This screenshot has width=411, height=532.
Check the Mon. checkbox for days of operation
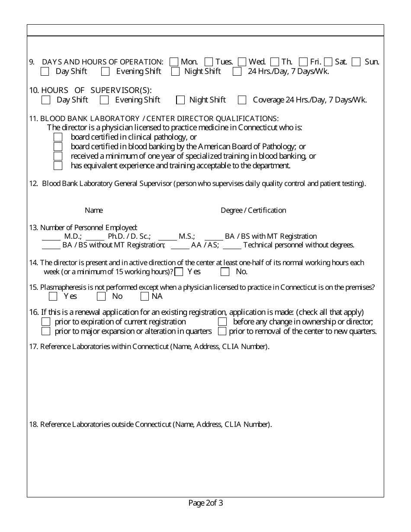click(174, 62)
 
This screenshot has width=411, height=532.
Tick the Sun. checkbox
click(356, 62)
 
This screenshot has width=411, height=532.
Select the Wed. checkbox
click(242, 62)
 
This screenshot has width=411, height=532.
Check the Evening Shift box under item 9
click(106, 72)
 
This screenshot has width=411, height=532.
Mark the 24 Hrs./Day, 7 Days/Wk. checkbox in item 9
click(237, 72)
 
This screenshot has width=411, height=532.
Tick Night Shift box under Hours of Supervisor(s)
click(180, 100)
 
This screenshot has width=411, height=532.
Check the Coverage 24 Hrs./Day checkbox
click(242, 100)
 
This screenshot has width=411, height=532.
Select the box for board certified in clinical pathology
click(58, 137)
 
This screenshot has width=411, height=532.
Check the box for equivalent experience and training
click(58, 166)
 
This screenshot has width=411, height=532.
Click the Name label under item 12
click(94, 211)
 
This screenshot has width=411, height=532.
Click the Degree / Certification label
click(253, 211)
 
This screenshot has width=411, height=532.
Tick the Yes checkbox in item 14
click(179, 272)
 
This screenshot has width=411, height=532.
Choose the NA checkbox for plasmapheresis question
click(145, 297)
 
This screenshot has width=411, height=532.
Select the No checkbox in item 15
click(101, 297)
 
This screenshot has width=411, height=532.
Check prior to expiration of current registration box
click(46, 322)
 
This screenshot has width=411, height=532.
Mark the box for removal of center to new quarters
click(222, 332)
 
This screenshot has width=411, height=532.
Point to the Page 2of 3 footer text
click(205, 503)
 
